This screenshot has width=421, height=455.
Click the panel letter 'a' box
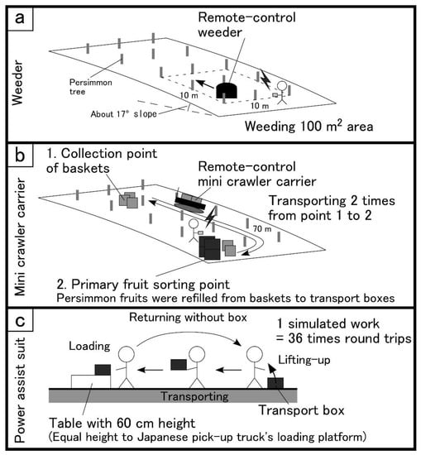coord(20,18)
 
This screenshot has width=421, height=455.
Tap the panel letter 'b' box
coord(20,156)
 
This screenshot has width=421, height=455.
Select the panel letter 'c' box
coord(20,320)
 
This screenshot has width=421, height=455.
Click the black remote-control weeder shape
coord(227,90)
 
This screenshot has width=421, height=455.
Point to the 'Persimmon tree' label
coord(90,87)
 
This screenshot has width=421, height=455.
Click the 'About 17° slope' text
coord(123,114)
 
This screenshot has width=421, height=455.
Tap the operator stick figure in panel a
coord(281,93)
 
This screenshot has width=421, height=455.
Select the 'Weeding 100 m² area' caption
coord(309,127)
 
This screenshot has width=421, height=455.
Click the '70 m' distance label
coord(262,229)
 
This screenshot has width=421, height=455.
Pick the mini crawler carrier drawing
coord(190,202)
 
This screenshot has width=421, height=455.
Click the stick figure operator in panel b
coord(194,231)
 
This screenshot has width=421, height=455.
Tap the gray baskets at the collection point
coord(128,199)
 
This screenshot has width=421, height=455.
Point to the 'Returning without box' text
coord(188,317)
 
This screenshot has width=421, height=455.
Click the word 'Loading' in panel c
coord(89,346)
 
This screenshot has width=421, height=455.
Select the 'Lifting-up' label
coord(304,360)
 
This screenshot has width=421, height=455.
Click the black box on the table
coord(103,370)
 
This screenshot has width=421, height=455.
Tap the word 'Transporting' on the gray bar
coord(194,396)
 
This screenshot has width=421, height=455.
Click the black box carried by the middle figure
coord(179,365)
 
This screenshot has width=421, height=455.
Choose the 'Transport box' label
coord(301,410)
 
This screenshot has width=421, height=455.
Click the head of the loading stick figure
coord(127,354)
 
